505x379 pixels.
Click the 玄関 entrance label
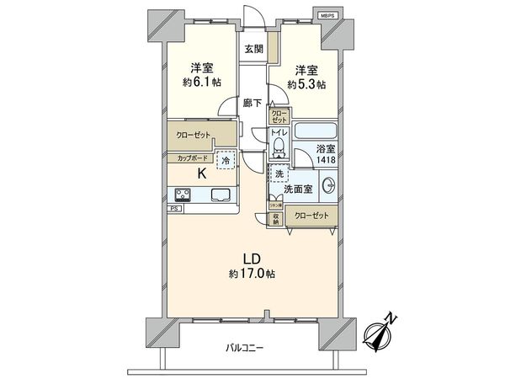click(x=254, y=49)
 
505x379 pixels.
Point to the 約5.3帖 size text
click(x=306, y=84)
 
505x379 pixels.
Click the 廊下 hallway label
click(x=253, y=104)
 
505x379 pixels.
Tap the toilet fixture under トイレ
click(x=279, y=150)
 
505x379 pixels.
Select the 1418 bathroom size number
click(x=325, y=160)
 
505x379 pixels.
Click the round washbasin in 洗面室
click(x=329, y=188)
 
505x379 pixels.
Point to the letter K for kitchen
click(x=201, y=175)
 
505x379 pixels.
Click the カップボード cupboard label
click(x=193, y=157)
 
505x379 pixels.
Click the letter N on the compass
click(x=391, y=319)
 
